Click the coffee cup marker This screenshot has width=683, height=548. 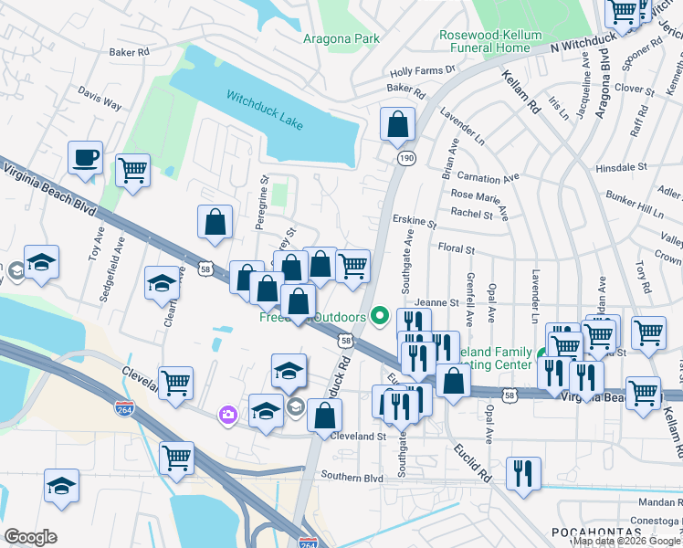pos(85,157)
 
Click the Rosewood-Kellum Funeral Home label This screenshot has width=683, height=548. pos(497,41)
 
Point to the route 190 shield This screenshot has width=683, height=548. pos(405,158)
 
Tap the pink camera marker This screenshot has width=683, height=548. pos(226,416)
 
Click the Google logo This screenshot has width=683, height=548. pos(30,537)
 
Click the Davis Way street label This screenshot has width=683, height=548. pos(100,99)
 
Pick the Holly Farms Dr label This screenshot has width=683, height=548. pos(422,70)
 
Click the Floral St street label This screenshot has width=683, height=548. pos(457,248)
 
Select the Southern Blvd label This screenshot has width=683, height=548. pos(352,477)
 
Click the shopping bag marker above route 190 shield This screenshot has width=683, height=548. pos(397,124)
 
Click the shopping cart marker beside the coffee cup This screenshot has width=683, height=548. pos(132,170)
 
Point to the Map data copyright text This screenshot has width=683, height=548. pos(626,541)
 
